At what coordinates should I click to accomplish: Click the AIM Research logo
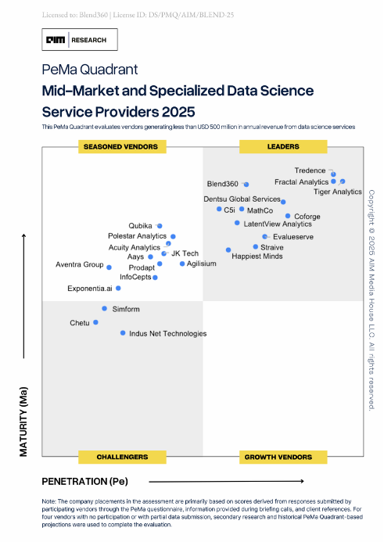click(x=80, y=40)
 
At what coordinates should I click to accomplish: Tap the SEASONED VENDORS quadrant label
click(x=120, y=146)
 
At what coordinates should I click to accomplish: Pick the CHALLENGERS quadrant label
click(x=122, y=456)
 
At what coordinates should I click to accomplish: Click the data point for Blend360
click(x=246, y=184)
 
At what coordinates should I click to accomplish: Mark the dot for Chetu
click(x=96, y=321)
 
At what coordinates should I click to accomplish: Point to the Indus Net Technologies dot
click(x=123, y=333)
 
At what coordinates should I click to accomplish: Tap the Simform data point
click(x=104, y=308)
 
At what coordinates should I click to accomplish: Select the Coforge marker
click(x=288, y=216)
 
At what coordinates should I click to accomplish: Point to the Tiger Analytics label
click(x=337, y=192)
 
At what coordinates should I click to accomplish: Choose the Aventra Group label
click(x=79, y=264)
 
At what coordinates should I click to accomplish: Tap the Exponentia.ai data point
click(x=118, y=288)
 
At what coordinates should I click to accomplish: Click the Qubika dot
click(x=160, y=225)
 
